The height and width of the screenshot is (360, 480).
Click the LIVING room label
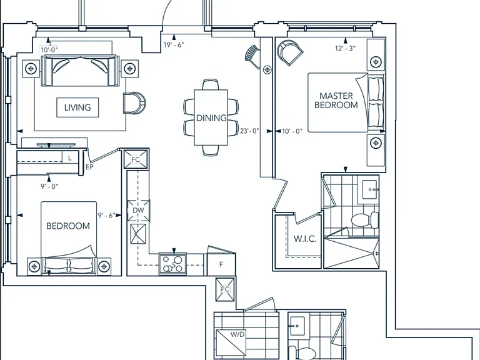click(77, 107)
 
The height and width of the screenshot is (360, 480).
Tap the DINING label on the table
click(211, 118)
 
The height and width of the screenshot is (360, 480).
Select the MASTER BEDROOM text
click(336, 101)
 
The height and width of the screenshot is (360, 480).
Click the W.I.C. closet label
click(305, 239)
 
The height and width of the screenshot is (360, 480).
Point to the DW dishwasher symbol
click(138, 211)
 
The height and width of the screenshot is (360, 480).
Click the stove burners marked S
click(172, 264)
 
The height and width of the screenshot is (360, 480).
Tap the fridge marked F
click(221, 264)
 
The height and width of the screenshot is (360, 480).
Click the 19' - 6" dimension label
click(174, 45)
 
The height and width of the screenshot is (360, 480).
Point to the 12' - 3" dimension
click(345, 48)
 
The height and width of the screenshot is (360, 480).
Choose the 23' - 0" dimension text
click(249, 131)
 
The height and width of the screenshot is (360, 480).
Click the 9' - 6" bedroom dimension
click(106, 216)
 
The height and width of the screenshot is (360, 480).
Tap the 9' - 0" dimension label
click(49, 186)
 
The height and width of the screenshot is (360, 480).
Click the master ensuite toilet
click(365, 220)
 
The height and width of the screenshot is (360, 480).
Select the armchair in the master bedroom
click(290, 52)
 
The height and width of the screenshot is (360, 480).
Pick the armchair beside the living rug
click(134, 103)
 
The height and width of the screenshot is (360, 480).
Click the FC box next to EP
click(136, 159)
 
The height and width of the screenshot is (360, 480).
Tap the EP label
click(89, 167)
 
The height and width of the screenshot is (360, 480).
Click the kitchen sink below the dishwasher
click(138, 234)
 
